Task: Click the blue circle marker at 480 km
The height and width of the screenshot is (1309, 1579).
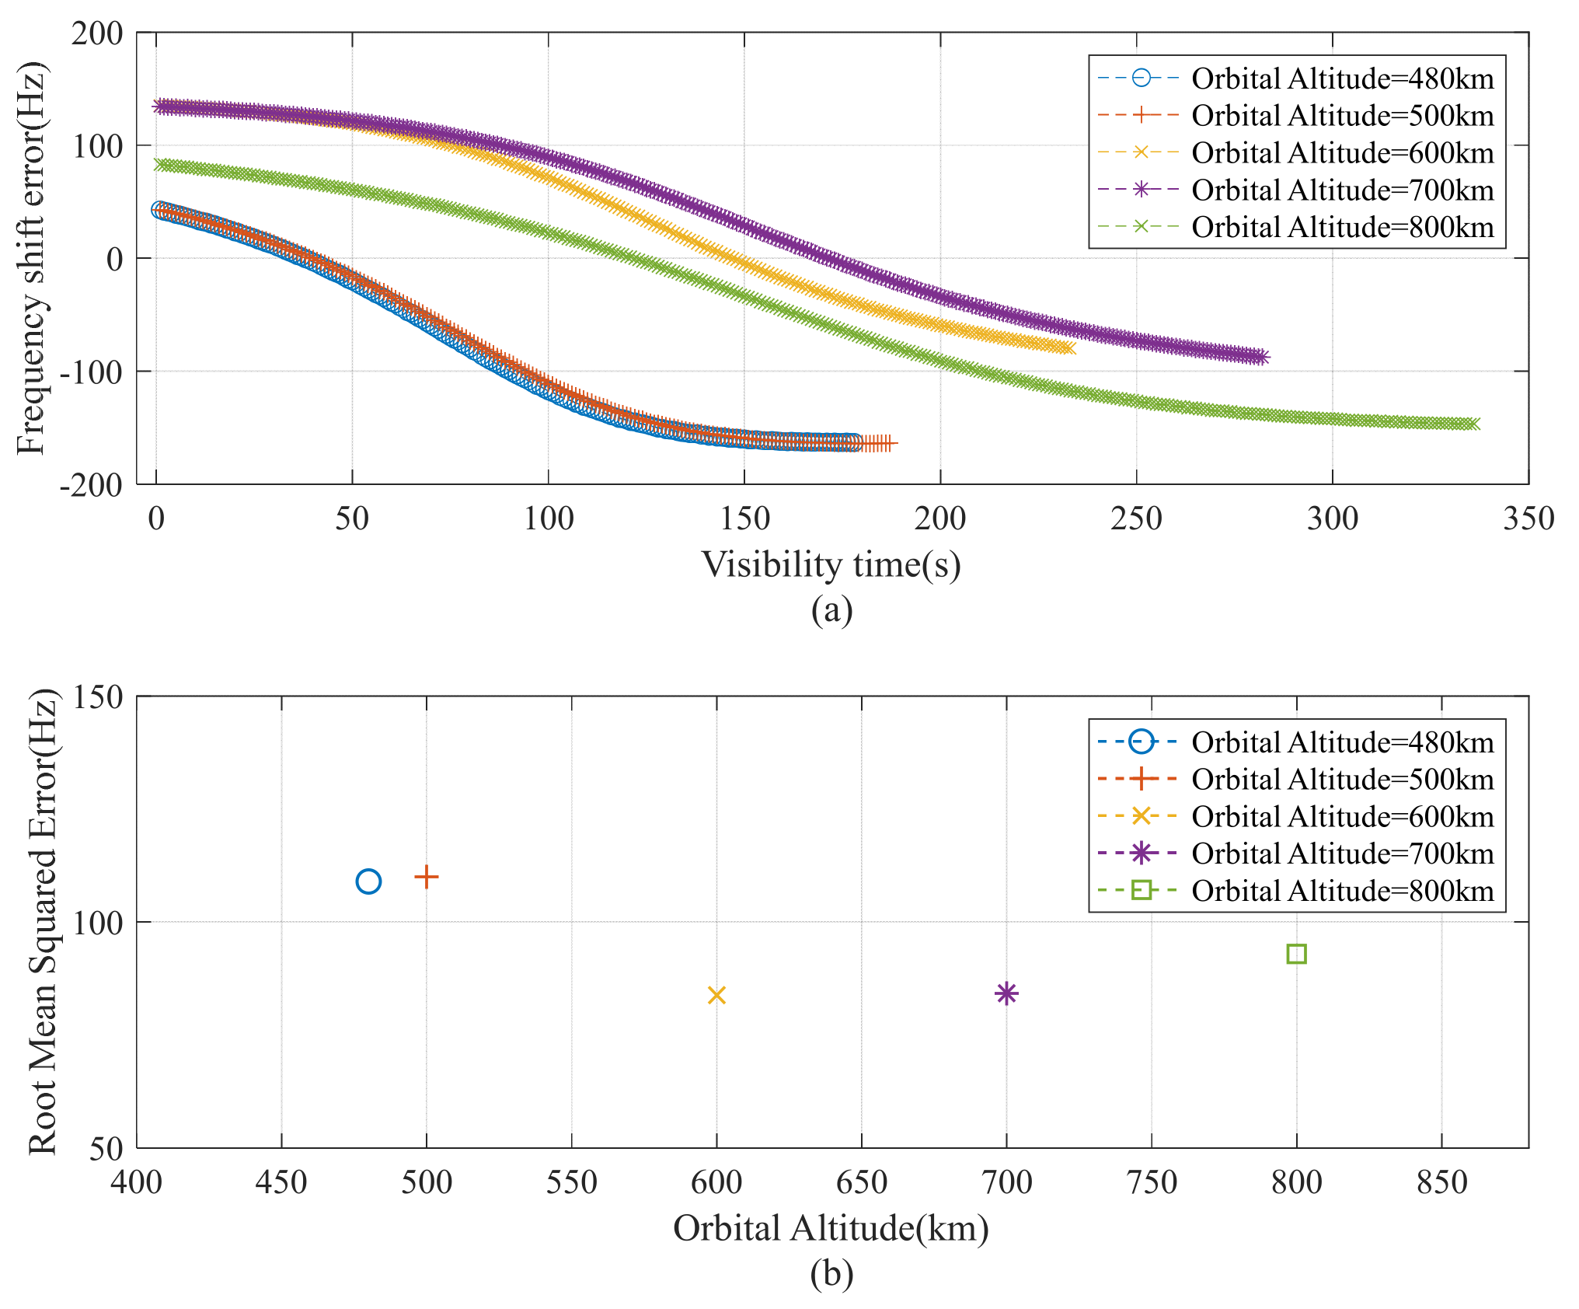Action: pyautogui.click(x=368, y=881)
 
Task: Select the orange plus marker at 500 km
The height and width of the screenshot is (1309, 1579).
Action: pyautogui.click(x=427, y=877)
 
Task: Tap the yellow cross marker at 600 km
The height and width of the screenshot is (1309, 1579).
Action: pyautogui.click(x=716, y=995)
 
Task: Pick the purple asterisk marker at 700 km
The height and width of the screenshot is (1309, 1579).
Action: pyautogui.click(x=1006, y=993)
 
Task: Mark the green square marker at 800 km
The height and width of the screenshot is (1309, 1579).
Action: pyautogui.click(x=1296, y=954)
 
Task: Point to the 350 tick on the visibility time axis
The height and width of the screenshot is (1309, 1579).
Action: pyautogui.click(x=1528, y=518)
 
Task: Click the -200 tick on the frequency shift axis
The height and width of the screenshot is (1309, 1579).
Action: pyautogui.click(x=92, y=486)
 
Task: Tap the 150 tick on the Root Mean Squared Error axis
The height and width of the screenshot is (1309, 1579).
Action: pyautogui.click(x=98, y=697)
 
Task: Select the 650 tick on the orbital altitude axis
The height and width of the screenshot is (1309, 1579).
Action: pyautogui.click(x=861, y=1182)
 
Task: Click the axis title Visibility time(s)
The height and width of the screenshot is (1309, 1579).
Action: pyautogui.click(x=831, y=565)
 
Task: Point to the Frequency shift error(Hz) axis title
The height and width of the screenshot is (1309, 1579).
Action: pyautogui.click(x=33, y=258)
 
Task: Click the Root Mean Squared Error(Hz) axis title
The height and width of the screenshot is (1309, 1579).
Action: pyautogui.click(x=43, y=921)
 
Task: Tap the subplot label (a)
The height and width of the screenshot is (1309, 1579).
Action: pyautogui.click(x=831, y=609)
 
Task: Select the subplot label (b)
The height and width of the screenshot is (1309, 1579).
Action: pyautogui.click(x=831, y=1273)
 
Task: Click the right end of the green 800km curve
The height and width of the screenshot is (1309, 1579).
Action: pyautogui.click(x=1473, y=424)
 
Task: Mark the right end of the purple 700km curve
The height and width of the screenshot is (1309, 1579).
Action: pyautogui.click(x=1262, y=357)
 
